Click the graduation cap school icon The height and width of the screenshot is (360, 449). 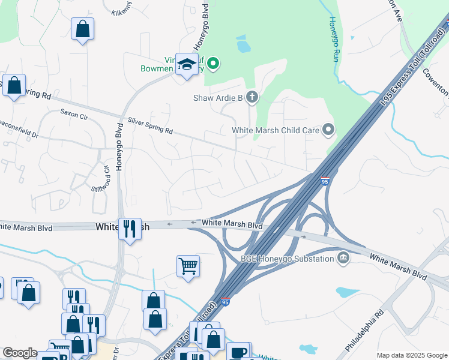(187, 65)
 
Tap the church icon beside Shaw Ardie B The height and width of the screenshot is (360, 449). (252, 97)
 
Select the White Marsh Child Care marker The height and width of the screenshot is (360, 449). (328, 130)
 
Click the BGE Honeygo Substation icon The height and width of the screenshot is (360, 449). (343, 258)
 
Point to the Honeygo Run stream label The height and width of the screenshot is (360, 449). (334, 38)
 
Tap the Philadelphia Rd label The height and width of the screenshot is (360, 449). (364, 331)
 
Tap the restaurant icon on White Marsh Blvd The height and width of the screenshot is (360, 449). (130, 229)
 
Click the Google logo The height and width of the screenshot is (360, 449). (20, 353)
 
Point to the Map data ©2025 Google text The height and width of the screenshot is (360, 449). (411, 355)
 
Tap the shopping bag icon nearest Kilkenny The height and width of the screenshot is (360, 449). (82, 28)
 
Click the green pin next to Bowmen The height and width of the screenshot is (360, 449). (212, 63)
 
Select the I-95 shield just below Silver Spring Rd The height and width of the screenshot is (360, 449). (324, 181)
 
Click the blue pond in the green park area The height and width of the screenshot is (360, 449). (243, 44)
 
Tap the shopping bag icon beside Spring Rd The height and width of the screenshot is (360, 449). (14, 85)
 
